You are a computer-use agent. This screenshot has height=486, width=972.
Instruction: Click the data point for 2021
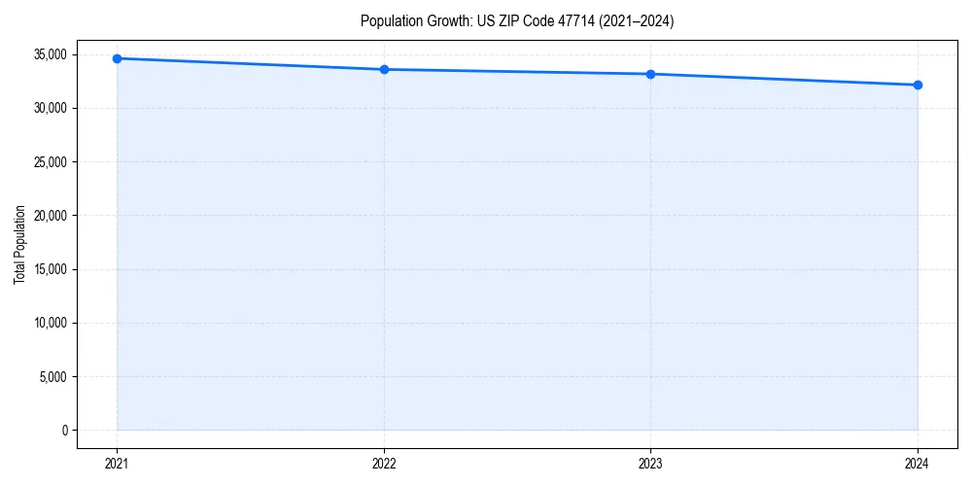[x=118, y=58]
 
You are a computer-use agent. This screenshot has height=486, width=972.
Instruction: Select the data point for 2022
[x=384, y=69]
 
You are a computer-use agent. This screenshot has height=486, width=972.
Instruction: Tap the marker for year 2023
[x=650, y=74]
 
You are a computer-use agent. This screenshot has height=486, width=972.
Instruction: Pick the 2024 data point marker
[x=918, y=85]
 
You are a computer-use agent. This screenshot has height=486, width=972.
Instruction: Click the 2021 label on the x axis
[x=118, y=464]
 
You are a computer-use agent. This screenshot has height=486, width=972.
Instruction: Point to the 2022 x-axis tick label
[x=384, y=464]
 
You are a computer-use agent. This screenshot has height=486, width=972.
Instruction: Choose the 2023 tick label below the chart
[x=650, y=464]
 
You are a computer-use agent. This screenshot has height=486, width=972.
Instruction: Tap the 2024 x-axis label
[x=918, y=464]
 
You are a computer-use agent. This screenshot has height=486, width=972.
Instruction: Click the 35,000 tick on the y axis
[x=49, y=54]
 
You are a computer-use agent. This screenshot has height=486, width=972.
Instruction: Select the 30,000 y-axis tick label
[x=49, y=108]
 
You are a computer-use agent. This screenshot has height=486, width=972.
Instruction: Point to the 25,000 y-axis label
[x=49, y=161]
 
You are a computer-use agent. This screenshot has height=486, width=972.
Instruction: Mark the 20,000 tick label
[x=49, y=216]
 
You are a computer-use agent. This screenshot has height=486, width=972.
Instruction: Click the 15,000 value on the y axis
[x=49, y=269]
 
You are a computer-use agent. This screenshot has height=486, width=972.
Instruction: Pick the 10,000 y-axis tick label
[x=49, y=323]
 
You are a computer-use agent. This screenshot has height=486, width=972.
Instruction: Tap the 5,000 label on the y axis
[x=52, y=376]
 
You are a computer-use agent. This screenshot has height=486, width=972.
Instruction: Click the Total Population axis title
[x=19, y=244]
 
